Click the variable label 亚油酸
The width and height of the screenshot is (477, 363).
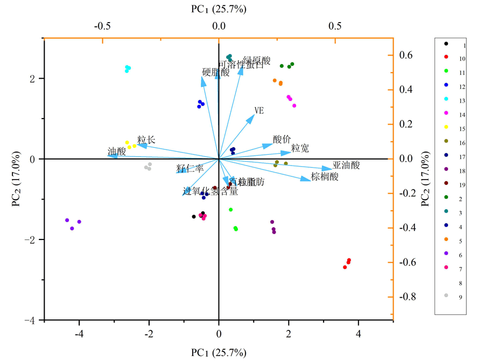[346, 165]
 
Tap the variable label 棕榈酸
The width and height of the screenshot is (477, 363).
[325, 176]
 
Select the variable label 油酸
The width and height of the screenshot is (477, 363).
[117, 152]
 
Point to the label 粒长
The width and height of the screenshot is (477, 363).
[146, 140]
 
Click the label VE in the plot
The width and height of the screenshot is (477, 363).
[259, 111]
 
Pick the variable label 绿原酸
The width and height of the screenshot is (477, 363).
[257, 60]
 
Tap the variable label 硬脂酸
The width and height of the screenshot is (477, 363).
[216, 72]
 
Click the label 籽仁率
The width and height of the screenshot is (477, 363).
[190, 168]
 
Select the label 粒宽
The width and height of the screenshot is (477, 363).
[300, 148]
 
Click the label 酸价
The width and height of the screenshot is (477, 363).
[282, 139]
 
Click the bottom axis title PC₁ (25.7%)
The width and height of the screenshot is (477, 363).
[219, 353]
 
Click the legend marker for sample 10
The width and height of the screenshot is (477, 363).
[446, 57]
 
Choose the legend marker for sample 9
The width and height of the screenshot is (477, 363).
[446, 296]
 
